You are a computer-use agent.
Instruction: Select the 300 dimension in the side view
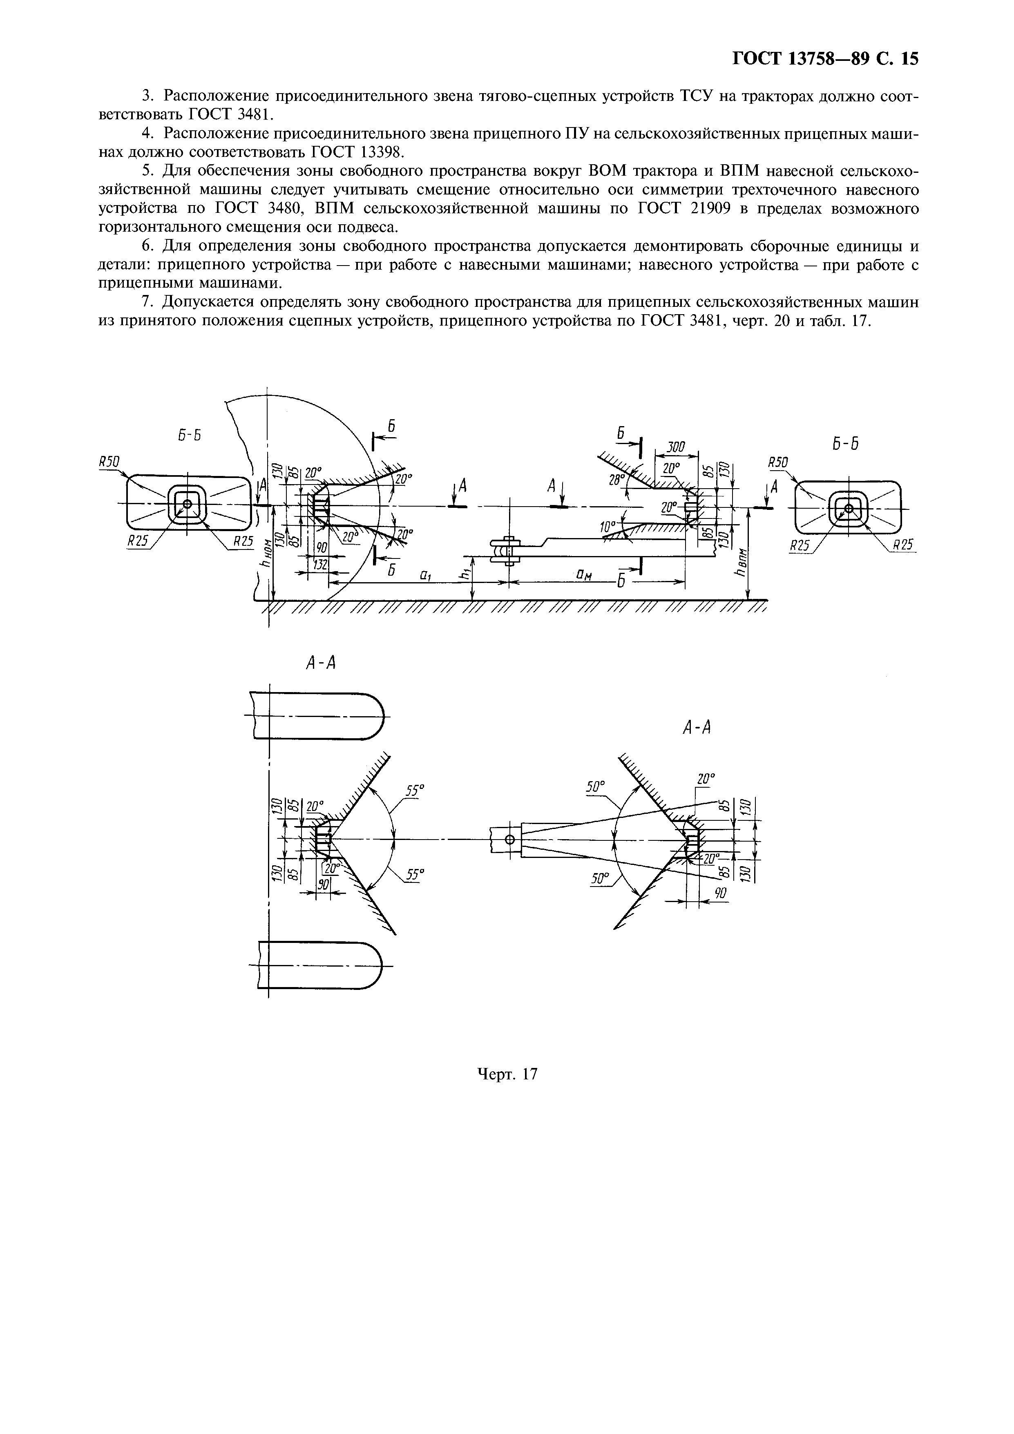pyautogui.click(x=676, y=447)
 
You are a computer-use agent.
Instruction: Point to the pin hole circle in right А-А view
pyautogui.click(x=509, y=839)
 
